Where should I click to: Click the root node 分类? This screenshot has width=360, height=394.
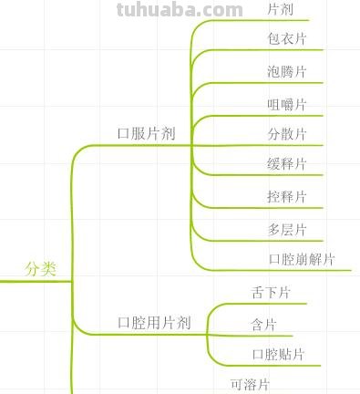click(x=40, y=269)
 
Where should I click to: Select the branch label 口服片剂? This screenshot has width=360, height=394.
click(x=146, y=133)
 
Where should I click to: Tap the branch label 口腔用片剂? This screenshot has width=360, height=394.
click(x=154, y=323)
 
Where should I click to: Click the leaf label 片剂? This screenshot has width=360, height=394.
click(x=280, y=9)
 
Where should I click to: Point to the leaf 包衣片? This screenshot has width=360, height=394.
click(x=287, y=39)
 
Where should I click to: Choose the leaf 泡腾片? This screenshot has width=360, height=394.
click(x=287, y=72)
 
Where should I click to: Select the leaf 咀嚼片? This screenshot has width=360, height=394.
click(x=287, y=104)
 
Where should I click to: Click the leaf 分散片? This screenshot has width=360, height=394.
click(x=287, y=135)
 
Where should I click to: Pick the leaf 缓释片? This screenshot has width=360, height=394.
click(x=287, y=164)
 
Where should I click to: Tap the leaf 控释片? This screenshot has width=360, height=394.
click(x=287, y=197)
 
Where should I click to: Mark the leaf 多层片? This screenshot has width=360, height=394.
click(x=287, y=229)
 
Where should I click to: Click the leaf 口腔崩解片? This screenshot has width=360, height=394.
click(x=302, y=259)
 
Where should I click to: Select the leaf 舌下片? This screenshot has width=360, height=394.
click(x=271, y=293)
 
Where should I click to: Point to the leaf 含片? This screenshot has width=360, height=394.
click(x=263, y=325)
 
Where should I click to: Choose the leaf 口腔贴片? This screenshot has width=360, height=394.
click(x=278, y=354)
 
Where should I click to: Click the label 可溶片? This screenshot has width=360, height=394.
click(x=250, y=384)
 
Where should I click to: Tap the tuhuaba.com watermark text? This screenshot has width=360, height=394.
click(x=180, y=11)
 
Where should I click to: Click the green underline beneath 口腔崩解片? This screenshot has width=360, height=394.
click(x=292, y=270)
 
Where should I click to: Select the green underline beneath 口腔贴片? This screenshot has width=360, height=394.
click(x=273, y=366)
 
